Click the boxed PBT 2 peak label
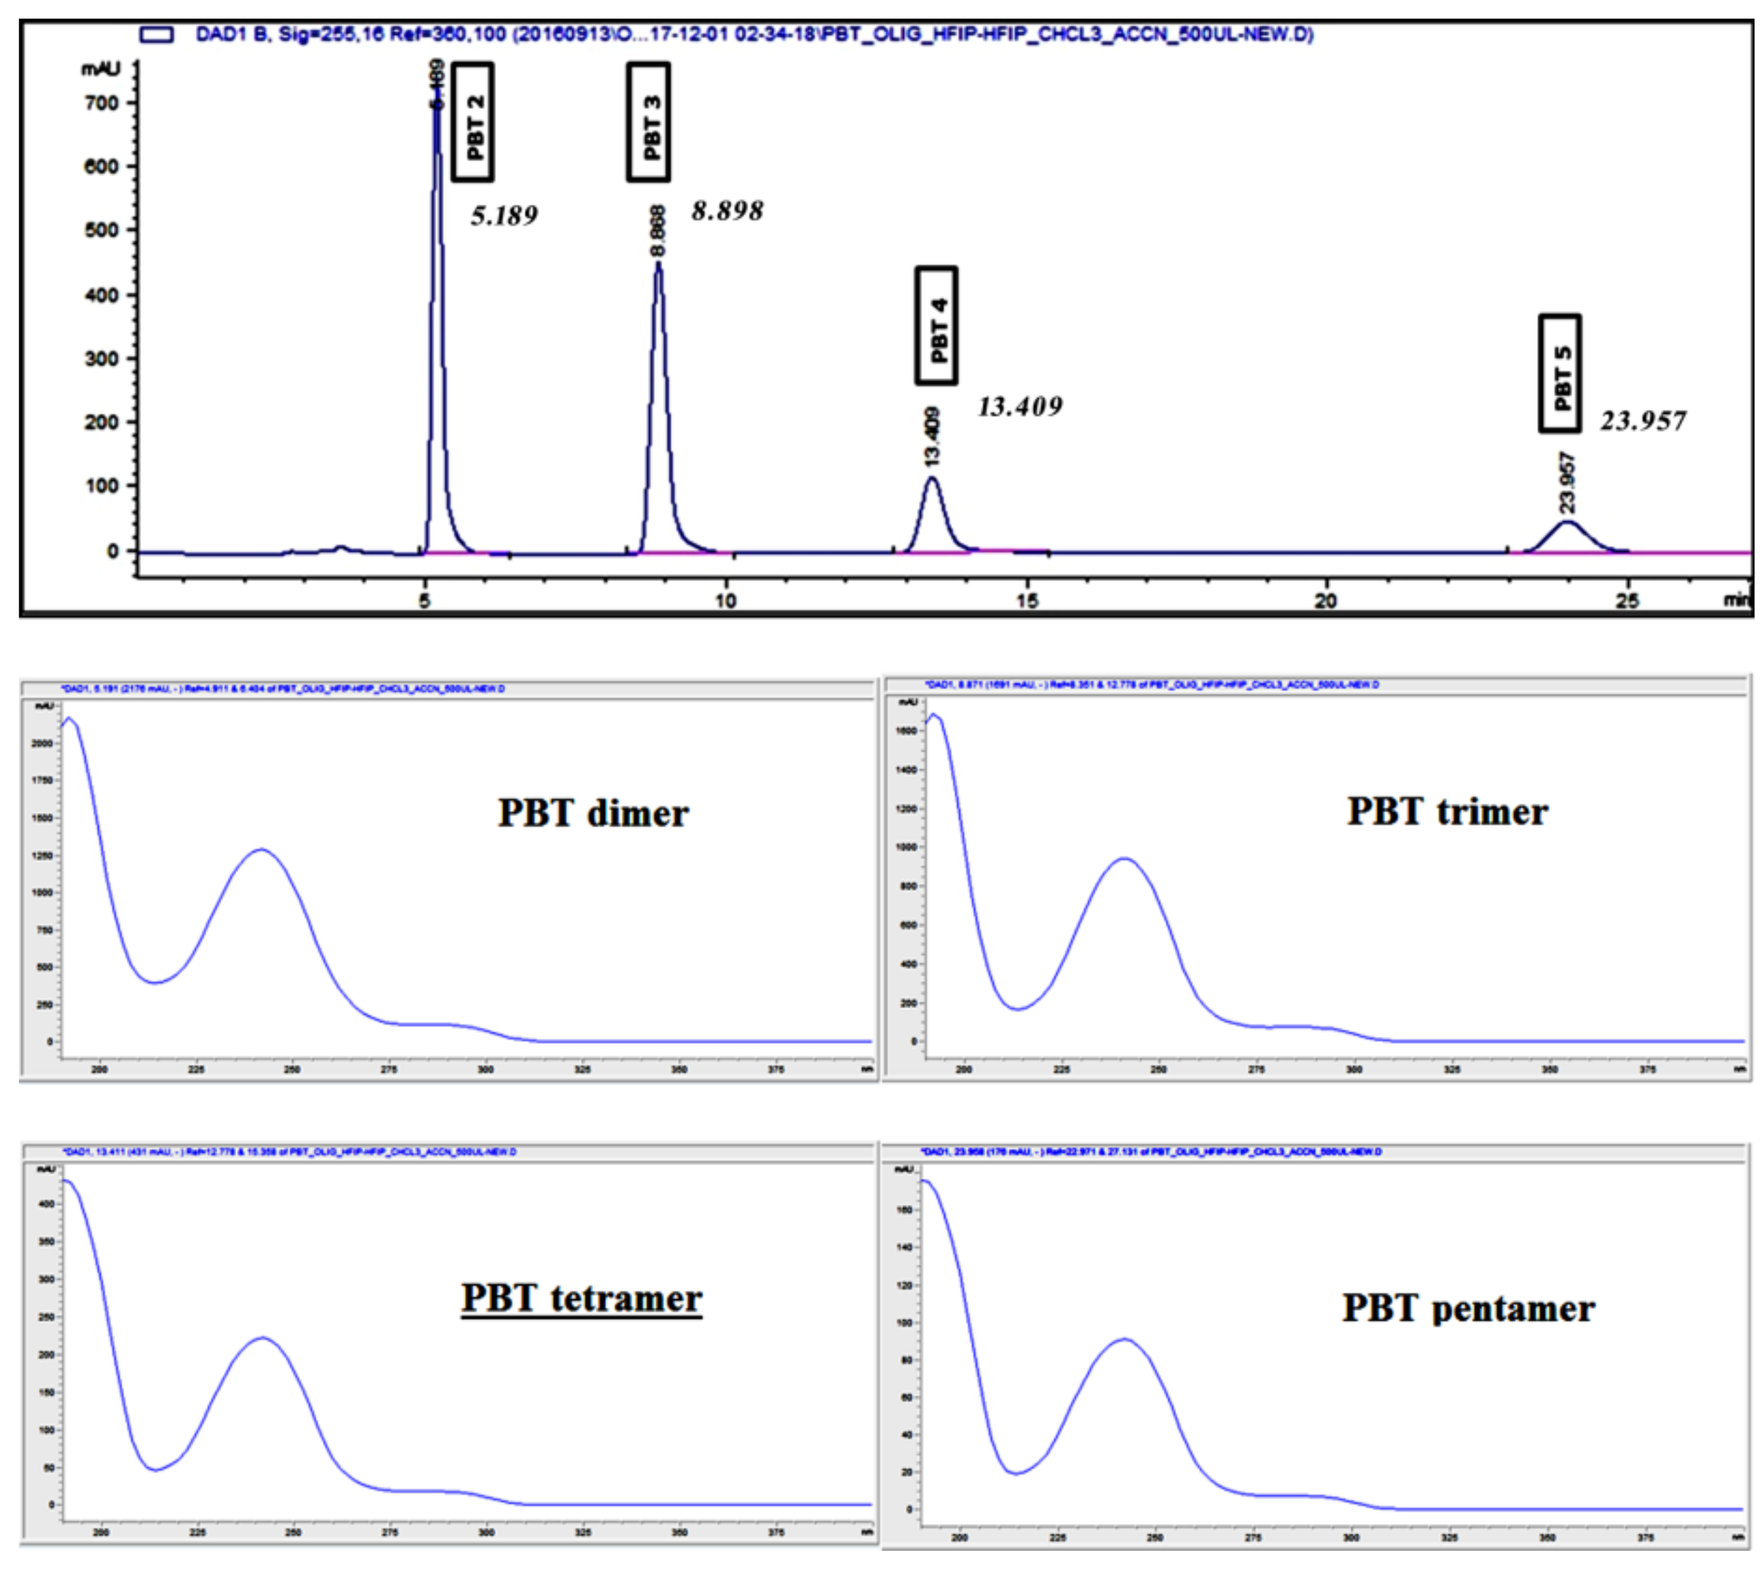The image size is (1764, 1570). [473, 122]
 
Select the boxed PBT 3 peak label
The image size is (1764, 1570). [649, 122]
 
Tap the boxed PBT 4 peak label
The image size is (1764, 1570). [936, 325]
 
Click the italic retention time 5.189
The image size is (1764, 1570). [504, 215]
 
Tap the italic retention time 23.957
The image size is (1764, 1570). [1643, 421]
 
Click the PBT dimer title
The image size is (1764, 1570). [593, 813]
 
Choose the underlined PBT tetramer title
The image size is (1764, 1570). [581, 1297]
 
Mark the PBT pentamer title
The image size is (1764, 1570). [1468, 1308]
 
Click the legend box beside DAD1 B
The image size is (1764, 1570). [156, 34]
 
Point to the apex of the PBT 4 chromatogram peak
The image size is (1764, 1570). [932, 478]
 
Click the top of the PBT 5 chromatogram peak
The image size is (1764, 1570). [1567, 521]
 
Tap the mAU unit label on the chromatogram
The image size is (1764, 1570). [101, 69]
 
